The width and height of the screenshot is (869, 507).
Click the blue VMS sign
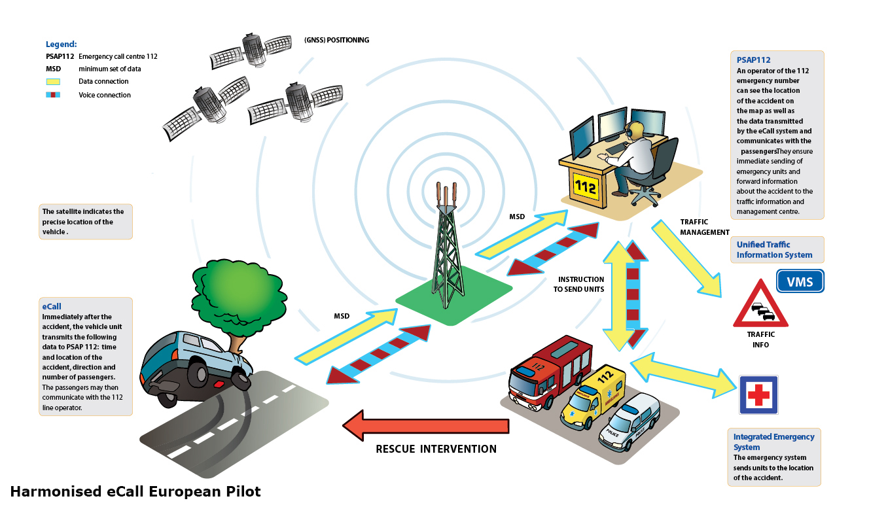pos(800,282)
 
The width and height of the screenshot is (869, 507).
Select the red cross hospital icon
pos(758,394)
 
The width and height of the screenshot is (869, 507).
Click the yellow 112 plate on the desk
pos(585,186)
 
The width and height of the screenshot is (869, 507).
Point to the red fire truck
pos(543,373)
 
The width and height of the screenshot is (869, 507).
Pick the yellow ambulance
pos(592,399)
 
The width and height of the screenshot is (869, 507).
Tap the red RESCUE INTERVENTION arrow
pos(425,427)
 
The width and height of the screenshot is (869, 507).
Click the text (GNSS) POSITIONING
pos(336,41)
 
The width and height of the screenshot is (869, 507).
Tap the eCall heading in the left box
pos(52,306)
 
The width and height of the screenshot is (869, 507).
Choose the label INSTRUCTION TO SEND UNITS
pos(578,284)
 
